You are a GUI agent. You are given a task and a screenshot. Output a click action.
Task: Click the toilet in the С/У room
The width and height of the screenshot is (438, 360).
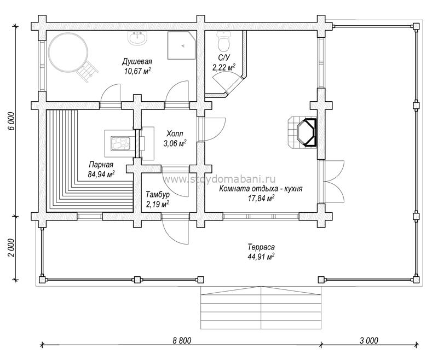pos(224,40)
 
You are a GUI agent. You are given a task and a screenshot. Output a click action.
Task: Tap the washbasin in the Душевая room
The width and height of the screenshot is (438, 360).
pos(137,37)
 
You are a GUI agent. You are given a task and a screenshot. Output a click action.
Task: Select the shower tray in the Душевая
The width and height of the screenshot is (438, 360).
pos(182,45)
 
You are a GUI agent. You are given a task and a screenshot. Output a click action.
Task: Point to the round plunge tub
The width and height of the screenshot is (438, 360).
pos(68,53)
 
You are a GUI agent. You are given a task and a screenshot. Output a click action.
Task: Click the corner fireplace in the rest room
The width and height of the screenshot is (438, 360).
pos(303,132)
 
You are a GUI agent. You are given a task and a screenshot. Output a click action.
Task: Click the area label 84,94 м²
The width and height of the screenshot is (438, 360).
pos(101,175)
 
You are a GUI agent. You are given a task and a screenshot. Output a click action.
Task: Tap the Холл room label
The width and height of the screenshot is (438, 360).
pos(175,133)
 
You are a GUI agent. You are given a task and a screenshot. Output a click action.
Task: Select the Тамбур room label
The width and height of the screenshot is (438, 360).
pos(158,194)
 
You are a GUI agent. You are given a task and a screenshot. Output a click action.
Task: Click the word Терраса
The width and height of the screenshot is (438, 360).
pos(261,247)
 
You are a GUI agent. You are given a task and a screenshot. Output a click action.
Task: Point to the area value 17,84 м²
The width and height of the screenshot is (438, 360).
pos(261,198)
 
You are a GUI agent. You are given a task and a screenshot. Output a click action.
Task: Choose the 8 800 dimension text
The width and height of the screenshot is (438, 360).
pos(182,340)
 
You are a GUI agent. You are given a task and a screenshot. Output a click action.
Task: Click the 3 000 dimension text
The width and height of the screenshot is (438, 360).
pos(368,340)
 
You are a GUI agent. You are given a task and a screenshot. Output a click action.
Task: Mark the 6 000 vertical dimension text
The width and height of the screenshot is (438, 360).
pos(11,121)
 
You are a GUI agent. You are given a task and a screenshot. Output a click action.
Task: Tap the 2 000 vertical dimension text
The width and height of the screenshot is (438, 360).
pos(11,248)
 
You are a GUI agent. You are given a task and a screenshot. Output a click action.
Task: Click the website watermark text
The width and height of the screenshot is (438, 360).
pos(219,179)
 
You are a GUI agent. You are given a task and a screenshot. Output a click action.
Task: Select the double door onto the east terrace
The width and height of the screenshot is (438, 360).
pos(332,182)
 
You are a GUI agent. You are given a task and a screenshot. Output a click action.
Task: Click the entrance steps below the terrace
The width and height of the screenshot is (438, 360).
pos(261,307)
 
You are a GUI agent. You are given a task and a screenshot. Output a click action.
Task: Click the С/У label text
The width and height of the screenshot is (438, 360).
pos(224,57)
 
